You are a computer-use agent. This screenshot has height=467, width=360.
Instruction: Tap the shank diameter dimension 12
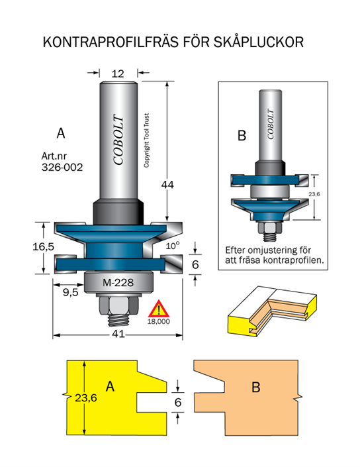118,74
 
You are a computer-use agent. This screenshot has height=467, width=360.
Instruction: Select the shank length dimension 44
167,185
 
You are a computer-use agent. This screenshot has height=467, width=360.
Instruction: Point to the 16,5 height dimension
44,246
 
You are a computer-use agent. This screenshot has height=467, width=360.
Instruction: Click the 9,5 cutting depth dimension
71,292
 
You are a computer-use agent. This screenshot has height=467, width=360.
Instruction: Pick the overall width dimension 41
118,334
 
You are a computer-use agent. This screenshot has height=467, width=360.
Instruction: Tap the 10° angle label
173,245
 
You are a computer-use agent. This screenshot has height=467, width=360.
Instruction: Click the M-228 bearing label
118,282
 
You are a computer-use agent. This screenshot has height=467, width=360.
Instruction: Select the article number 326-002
62,168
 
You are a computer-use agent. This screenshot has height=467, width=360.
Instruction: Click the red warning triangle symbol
159,309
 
